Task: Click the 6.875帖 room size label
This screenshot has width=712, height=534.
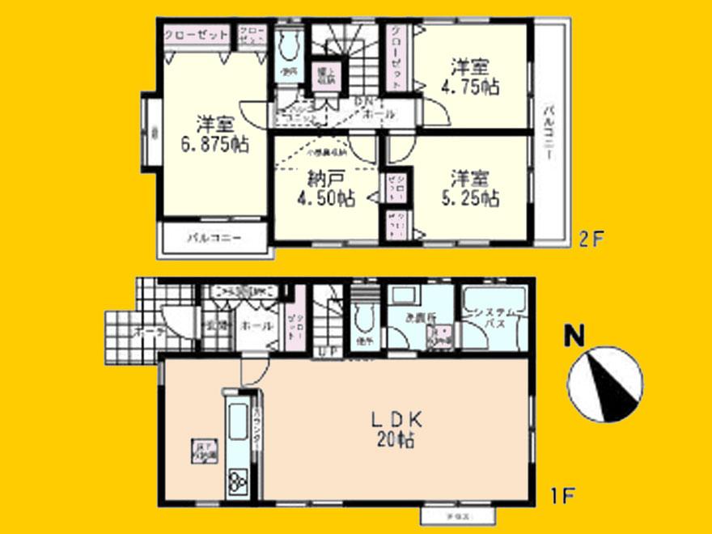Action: point(214,135)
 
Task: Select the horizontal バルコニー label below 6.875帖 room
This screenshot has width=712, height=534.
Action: point(214,239)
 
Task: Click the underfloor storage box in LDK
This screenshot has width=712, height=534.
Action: point(201,450)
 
